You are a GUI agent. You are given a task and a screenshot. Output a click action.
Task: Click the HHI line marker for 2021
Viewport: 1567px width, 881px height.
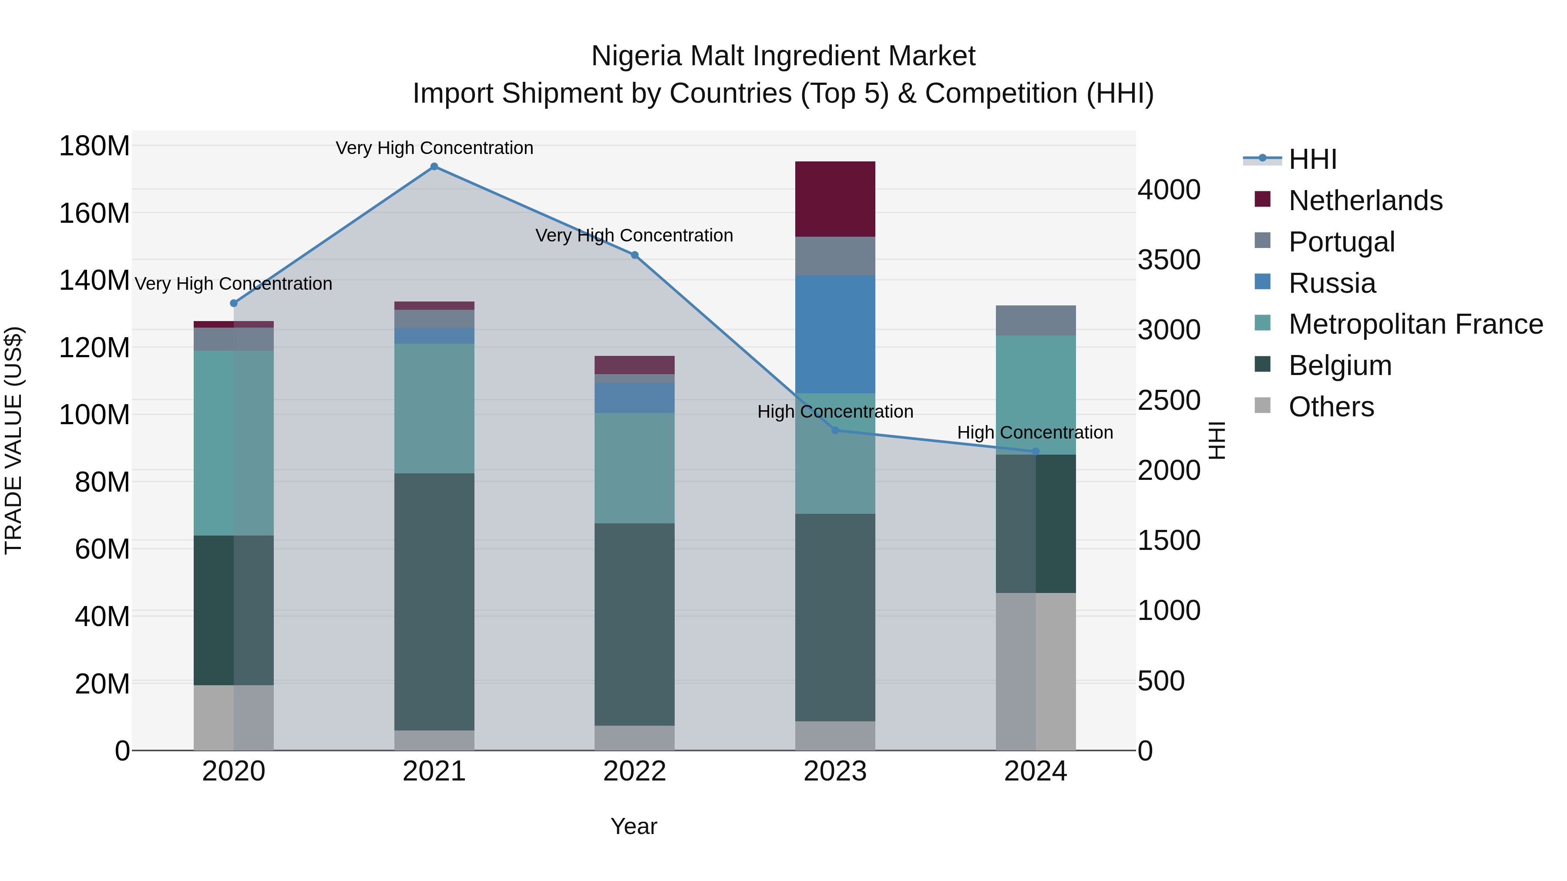[434, 167]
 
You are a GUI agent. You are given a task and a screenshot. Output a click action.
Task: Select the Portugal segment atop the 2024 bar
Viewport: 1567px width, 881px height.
[1036, 320]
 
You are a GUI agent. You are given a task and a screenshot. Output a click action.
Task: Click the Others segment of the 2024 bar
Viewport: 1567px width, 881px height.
[1036, 671]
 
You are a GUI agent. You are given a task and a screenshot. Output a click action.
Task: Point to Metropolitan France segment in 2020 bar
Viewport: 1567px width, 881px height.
[234, 442]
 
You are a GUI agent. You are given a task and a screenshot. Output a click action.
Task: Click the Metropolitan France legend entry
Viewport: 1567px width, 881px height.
[1415, 325]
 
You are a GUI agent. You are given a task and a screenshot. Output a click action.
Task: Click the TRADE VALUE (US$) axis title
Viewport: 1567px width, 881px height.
[13, 440]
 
